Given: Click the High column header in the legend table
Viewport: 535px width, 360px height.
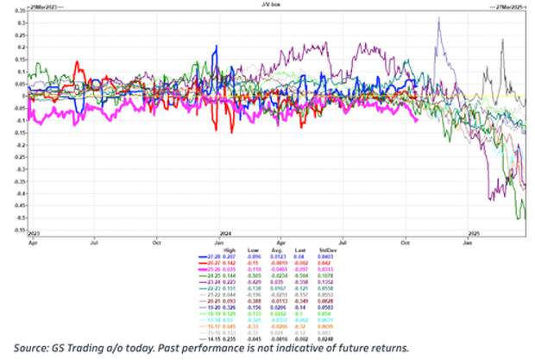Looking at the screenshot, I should pyautogui.click(x=228, y=250).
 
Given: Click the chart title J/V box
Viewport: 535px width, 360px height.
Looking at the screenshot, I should pyautogui.click(x=267, y=4).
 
